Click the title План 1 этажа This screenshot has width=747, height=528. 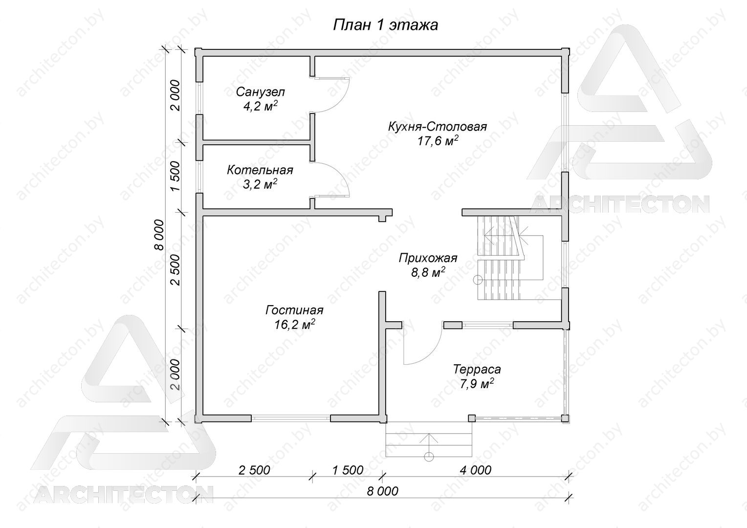click(386, 25)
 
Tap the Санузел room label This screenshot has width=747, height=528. click(261, 92)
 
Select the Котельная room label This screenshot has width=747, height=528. click(260, 170)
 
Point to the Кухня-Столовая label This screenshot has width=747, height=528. click(438, 127)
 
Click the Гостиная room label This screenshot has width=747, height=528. click(294, 310)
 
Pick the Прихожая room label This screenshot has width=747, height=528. click(428, 258)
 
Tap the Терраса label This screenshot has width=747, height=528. click(477, 370)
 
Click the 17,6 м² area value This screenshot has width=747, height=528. click(438, 141)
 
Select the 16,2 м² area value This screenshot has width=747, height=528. click(295, 324)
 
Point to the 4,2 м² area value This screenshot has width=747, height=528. click(261, 106)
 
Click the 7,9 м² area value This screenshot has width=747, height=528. click(477, 384)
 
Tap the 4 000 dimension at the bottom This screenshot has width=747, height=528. click(476, 470)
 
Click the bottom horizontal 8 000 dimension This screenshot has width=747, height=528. click(382, 491)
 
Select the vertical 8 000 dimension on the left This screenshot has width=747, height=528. click(160, 235)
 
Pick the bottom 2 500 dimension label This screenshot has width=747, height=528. click(254, 470)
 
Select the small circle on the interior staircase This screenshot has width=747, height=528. click(478, 280)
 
